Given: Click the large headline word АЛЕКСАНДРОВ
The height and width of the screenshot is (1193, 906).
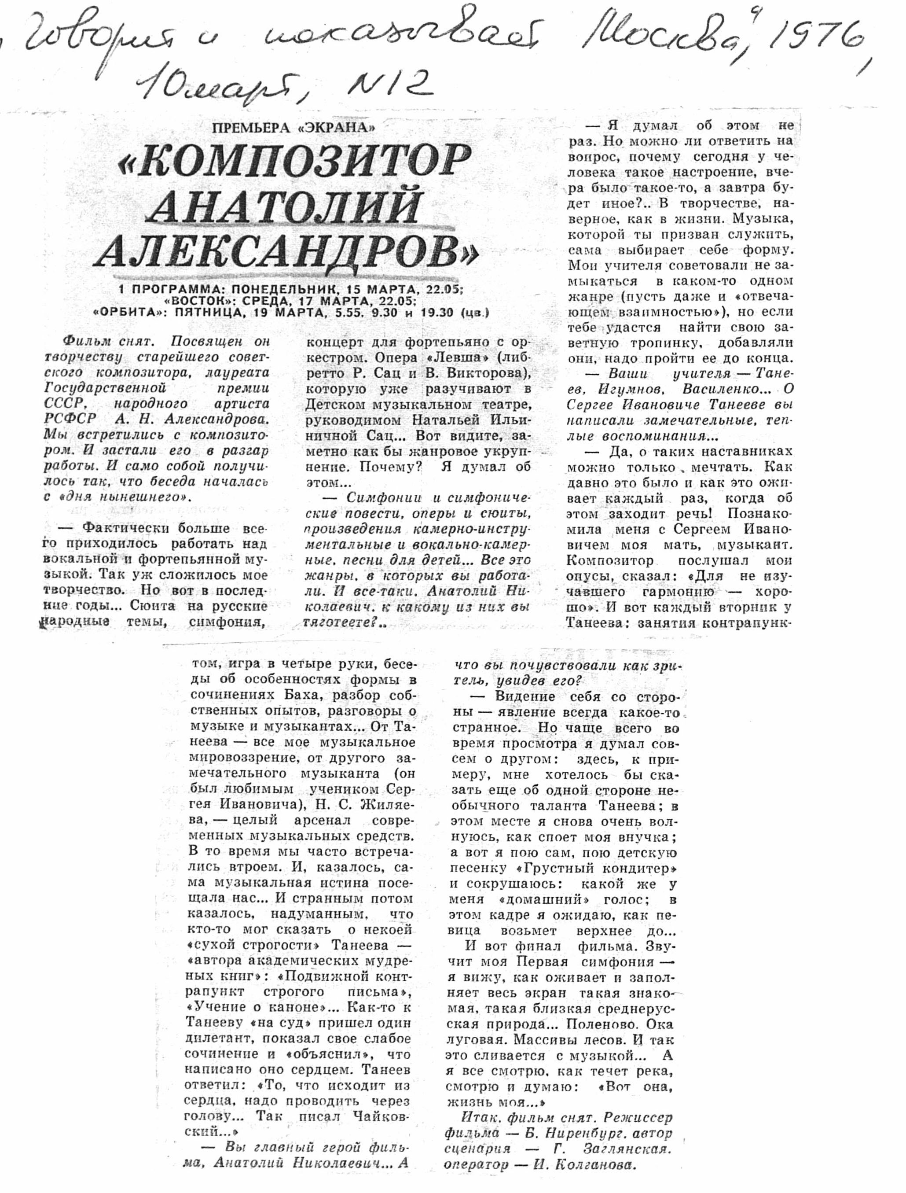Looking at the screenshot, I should click(x=286, y=251).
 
